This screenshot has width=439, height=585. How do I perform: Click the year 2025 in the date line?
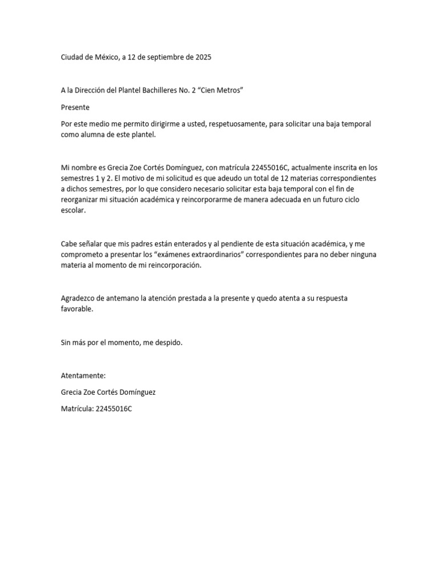click(x=203, y=58)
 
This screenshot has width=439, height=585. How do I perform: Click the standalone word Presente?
click(x=75, y=107)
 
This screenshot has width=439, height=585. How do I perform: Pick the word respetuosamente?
click(x=234, y=124)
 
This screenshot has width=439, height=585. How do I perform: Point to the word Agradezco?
click(x=80, y=298)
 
